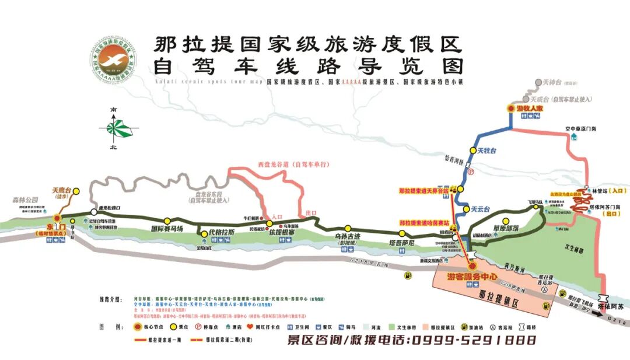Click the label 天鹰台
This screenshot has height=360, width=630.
coord(61,190)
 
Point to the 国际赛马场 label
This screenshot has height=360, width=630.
coord(167,229)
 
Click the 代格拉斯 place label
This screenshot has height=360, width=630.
coord(222,232)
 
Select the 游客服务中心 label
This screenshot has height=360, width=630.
coord(472,276)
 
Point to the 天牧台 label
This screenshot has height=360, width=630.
coord(487,151)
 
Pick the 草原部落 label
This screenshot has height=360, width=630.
coord(504,229)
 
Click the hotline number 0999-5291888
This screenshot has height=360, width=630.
coord(473,340)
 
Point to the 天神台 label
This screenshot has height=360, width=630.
coord(551,83)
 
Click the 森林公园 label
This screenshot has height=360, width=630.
coord(24,200)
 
